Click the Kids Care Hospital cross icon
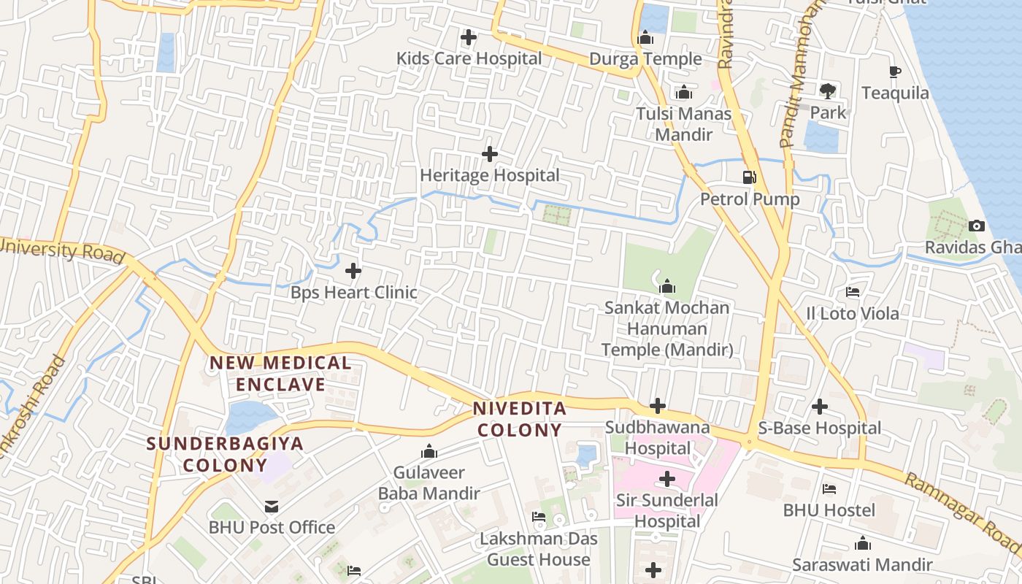tap(469, 36)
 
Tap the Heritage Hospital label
tap(490, 175)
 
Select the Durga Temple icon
tap(645, 37)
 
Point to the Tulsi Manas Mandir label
tap(683, 124)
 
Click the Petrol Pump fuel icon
tap(749, 177)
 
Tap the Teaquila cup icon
tap(895, 72)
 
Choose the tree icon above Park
tap(828, 91)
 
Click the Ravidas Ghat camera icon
tap(977, 226)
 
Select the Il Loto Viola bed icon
tap(852, 292)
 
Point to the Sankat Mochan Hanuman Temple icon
tap(667, 286)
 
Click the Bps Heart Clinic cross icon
tap(353, 271)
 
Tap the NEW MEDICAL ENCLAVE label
tap(281, 373)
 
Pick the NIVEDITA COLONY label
tap(520, 419)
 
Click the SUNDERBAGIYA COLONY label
tap(225, 454)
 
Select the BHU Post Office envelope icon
tap(272, 506)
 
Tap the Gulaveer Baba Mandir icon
tap(429, 451)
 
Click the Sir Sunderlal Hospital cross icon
tap(666, 479)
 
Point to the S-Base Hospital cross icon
tap(820, 406)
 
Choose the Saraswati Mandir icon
tap(863, 543)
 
